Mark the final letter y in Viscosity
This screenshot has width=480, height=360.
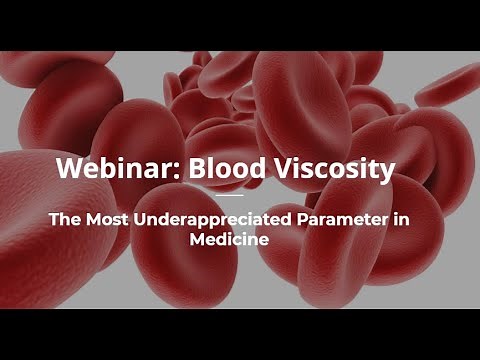(x=386, y=171)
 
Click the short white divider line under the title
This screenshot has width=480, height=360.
(x=240, y=196)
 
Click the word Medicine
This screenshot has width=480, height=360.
(x=240, y=241)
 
